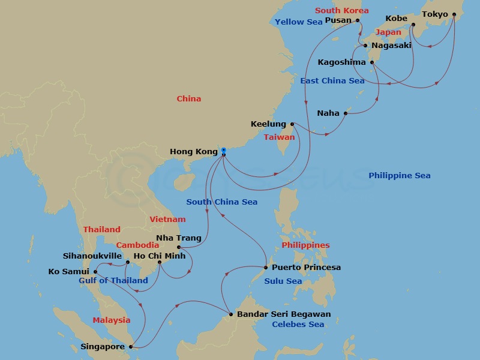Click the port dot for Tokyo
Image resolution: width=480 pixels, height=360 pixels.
[x=454, y=14]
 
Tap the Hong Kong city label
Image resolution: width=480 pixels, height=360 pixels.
[x=194, y=152]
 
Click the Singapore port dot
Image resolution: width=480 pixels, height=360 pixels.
[x=131, y=346]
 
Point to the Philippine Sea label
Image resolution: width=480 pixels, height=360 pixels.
[x=399, y=176]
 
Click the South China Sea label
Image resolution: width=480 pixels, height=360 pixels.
[x=221, y=202]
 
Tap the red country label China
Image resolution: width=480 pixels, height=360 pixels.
[x=189, y=99]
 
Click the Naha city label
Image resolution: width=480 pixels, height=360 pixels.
[x=328, y=113]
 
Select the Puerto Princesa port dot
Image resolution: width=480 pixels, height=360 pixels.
[x=266, y=268]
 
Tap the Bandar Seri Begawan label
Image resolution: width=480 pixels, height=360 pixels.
[x=283, y=314]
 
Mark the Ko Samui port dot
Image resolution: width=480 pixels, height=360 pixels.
[x=95, y=272]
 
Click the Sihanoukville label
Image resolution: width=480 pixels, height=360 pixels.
[x=92, y=256]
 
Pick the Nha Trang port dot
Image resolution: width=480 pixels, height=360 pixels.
[x=179, y=247]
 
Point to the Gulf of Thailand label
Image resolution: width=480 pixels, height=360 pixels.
[x=113, y=281]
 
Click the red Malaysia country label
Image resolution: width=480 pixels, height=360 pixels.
[x=111, y=320]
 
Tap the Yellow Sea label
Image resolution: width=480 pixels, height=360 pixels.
[x=298, y=22]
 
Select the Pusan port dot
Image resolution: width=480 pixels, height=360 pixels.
[x=359, y=20]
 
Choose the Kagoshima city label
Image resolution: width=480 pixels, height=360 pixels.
[x=341, y=62]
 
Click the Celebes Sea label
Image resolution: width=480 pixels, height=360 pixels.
[x=298, y=325]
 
